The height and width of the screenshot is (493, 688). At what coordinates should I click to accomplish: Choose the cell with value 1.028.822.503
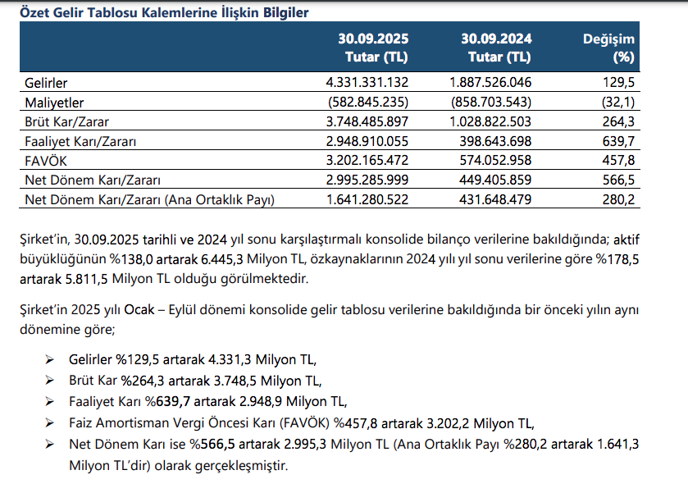point(490,121)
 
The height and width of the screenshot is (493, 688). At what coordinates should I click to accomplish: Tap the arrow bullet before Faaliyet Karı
point(50,402)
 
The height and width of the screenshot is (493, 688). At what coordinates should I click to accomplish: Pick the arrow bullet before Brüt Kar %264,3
point(50,381)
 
